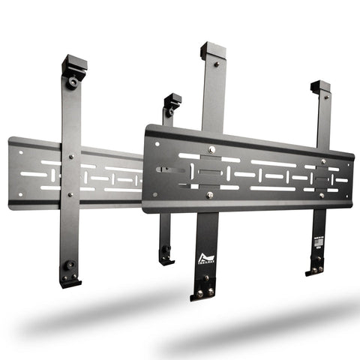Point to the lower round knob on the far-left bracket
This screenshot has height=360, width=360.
70,265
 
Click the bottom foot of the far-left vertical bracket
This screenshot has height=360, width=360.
70,281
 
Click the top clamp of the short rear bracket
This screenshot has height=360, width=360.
172,100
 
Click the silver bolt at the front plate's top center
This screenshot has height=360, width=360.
212,149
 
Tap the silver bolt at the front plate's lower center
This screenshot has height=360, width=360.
209,195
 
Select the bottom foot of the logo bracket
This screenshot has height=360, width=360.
204,293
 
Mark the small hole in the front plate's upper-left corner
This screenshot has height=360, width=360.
160,140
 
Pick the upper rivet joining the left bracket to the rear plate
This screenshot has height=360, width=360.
71,157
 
